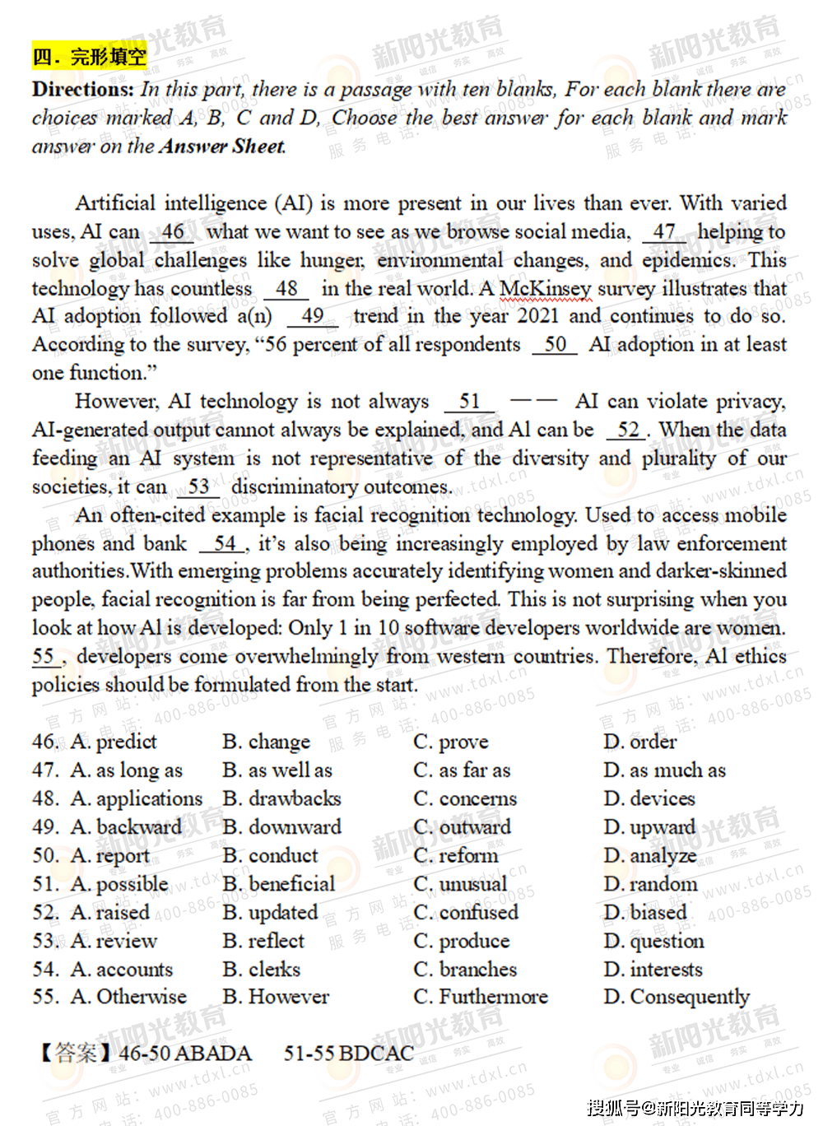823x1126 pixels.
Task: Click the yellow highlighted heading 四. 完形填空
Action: point(90,57)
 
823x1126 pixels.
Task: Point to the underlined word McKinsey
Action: point(545,289)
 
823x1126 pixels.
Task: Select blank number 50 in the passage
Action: point(556,344)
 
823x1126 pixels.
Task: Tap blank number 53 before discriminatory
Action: point(198,486)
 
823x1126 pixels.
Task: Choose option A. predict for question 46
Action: point(114,742)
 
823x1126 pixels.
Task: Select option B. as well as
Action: point(277,770)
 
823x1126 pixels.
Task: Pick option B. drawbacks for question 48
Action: point(281,798)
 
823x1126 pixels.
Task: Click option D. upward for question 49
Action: point(649,826)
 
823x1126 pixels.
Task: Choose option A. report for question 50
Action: point(110,856)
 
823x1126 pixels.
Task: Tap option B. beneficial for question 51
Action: point(279,884)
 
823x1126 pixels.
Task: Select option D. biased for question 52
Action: point(645,912)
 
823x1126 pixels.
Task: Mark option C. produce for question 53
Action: point(462,941)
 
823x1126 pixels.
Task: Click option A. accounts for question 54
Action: point(122,970)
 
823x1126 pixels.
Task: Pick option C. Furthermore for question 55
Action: point(481,997)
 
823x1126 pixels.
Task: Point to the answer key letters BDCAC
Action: point(376,1054)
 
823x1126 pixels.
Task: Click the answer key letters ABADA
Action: point(213,1054)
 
